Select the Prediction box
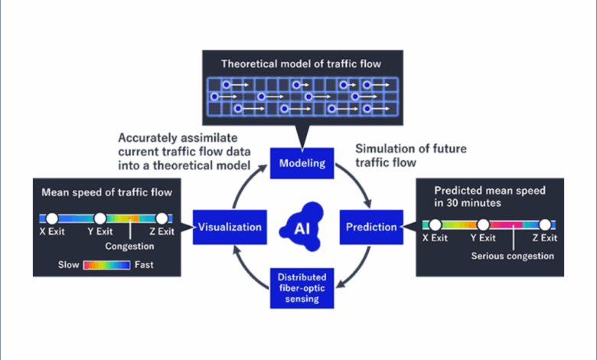(371, 227)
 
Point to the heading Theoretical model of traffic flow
(300, 64)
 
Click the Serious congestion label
(513, 256)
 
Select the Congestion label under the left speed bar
(129, 247)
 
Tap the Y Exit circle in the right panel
(483, 226)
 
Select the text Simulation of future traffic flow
(411, 154)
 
